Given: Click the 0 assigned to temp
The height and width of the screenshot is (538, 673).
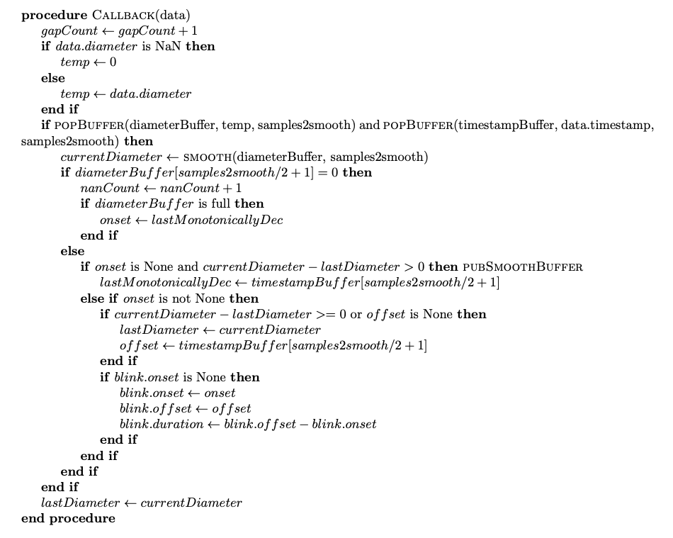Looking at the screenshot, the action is point(113,62).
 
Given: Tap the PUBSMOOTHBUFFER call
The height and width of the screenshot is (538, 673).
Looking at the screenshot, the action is point(522,267).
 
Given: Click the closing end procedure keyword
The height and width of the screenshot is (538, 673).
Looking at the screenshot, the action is point(68,518).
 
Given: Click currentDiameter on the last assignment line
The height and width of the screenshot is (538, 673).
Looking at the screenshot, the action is point(191,503).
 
